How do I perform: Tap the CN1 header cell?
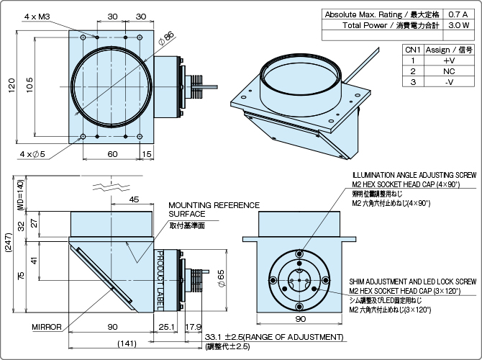pyautogui.click(x=412, y=50)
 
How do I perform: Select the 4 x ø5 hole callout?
pyautogui.click(x=32, y=154)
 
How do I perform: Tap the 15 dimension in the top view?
pyautogui.click(x=146, y=154)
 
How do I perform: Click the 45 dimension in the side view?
pyautogui.click(x=134, y=199)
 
